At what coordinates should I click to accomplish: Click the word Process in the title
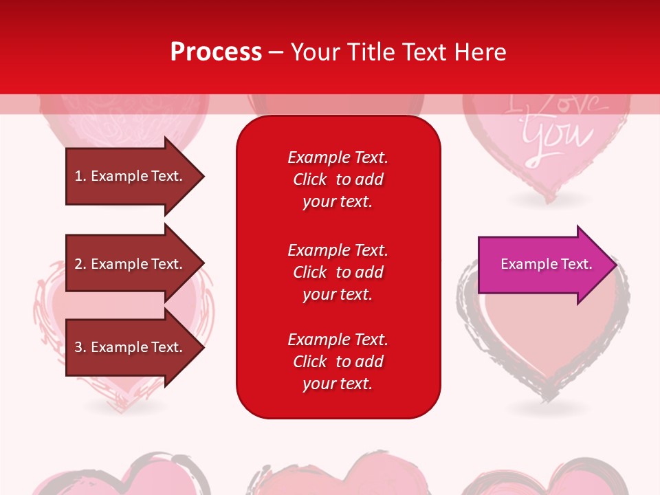click(x=217, y=52)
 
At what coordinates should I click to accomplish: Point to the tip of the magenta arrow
click(x=617, y=265)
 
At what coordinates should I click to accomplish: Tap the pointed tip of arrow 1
click(x=205, y=177)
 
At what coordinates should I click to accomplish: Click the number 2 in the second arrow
click(x=78, y=264)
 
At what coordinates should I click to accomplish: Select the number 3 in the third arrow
click(x=78, y=347)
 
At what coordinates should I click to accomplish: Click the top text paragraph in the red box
click(x=338, y=179)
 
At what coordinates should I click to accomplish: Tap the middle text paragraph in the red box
click(x=338, y=272)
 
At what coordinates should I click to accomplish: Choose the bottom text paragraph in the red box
click(x=338, y=362)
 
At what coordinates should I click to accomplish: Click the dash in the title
click(x=276, y=53)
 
